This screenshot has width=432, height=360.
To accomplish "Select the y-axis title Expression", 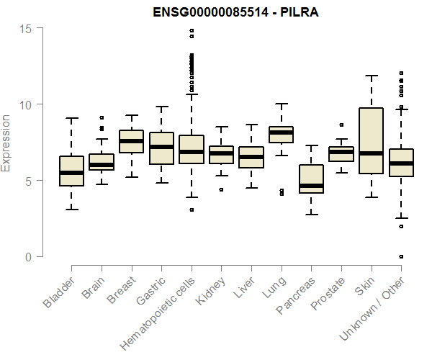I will click(6, 143).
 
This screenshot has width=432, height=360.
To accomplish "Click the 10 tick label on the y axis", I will click(27, 104).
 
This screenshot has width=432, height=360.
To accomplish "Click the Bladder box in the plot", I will click(71, 171).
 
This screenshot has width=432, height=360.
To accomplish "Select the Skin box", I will click(371, 140).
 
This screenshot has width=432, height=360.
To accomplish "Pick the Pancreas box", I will click(311, 179).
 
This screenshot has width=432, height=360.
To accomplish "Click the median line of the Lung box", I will click(281, 132).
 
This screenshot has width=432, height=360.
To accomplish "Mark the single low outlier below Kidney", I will click(221, 190).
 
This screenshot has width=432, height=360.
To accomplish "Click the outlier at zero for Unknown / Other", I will click(401, 256).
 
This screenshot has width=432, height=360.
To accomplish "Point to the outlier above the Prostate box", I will click(341, 125).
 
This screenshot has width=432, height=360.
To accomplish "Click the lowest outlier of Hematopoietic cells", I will click(192, 210).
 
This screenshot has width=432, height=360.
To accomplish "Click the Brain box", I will click(102, 162).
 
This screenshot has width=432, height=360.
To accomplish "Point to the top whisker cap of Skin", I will click(371, 76).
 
